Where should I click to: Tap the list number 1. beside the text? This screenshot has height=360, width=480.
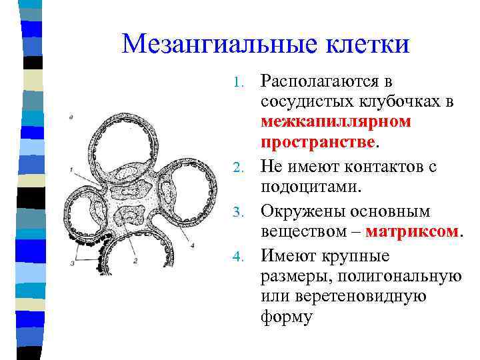pyautogui.click(x=244, y=83)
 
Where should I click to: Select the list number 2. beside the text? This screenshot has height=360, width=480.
pyautogui.click(x=244, y=167)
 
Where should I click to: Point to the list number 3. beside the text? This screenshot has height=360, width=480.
pyautogui.click(x=244, y=212)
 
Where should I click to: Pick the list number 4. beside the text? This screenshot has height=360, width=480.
pyautogui.click(x=244, y=256)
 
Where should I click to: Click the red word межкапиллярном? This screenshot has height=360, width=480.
pyautogui.click(x=336, y=122)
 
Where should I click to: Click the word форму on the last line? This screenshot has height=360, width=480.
pyautogui.click(x=287, y=317)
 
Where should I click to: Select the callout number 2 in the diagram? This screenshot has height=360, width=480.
pyautogui.click(x=135, y=261)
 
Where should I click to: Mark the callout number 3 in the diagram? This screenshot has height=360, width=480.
pyautogui.click(x=71, y=264)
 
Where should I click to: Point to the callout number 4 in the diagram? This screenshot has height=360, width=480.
pyautogui.click(x=193, y=246)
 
